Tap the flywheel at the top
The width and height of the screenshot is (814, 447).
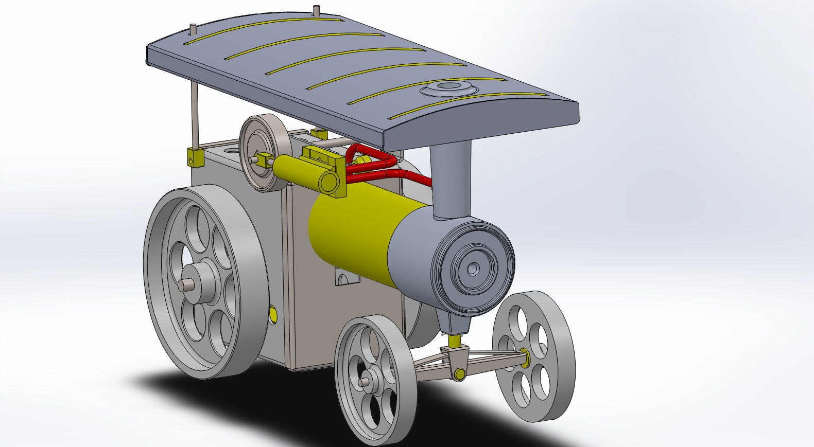[263, 153]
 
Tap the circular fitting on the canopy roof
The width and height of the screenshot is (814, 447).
[446, 88]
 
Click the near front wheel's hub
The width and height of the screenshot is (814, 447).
[366, 382]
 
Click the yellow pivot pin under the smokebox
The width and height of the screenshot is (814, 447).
[454, 341]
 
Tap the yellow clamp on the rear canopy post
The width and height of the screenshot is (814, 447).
[195, 157]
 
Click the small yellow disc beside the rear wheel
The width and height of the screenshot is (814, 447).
[272, 313]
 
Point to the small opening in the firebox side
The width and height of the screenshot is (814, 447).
[347, 278]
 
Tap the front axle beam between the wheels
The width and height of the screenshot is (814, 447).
[489, 363]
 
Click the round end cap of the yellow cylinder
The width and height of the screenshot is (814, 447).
[328, 182]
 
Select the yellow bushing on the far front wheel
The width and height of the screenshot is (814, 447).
[525, 355]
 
